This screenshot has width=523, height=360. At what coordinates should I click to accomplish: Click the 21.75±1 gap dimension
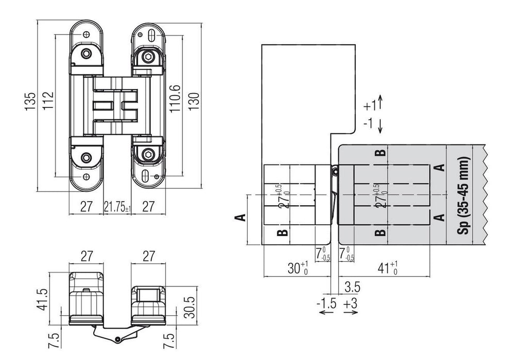[x=118, y=207]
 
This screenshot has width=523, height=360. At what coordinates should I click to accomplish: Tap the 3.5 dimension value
[x=352, y=286]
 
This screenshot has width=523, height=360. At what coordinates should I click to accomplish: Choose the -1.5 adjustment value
[x=326, y=302]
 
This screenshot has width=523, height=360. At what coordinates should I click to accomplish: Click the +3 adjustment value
[x=350, y=302]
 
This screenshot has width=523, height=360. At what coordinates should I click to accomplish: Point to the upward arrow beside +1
[x=379, y=102]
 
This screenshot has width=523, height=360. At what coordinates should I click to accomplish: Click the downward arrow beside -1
[x=379, y=125]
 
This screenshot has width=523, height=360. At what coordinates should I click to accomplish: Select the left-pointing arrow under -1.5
[x=326, y=313]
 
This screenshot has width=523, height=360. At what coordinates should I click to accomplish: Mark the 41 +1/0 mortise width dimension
[x=387, y=267]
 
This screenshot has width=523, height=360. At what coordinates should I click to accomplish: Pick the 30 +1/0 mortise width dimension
[x=298, y=267]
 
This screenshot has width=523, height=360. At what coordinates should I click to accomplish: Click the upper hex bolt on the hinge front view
[x=148, y=56]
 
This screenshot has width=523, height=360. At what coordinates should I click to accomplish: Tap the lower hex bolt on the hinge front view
[x=148, y=154]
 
